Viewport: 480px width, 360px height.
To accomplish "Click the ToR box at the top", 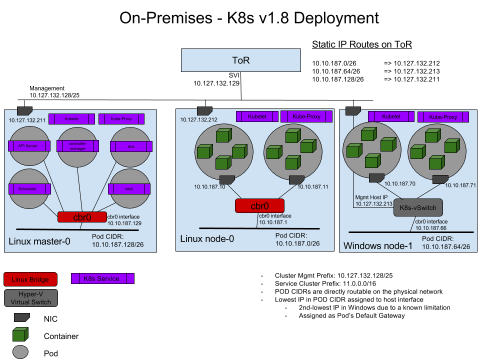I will pos(240,60).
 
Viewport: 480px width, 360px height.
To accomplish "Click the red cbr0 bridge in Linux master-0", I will pos(81,217).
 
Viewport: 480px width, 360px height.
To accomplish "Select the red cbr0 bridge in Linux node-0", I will pos(259,205).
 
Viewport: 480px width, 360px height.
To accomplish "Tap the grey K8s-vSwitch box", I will pos(418,207).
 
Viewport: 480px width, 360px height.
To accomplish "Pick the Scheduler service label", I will pos(29,188).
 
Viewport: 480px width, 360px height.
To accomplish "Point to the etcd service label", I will pos(129,188).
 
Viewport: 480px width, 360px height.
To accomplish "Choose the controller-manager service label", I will pos(78,145).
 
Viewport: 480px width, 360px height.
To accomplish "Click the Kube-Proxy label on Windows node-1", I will pos(443,117).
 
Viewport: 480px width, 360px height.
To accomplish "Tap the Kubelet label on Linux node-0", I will pos(257,116).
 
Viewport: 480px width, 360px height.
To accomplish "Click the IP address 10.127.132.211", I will pos(27,120).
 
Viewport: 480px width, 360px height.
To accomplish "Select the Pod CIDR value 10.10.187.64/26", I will pos(446,247).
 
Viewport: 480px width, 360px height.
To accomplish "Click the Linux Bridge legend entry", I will pos(30,279).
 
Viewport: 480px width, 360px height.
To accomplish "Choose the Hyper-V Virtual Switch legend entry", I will pos(31,298).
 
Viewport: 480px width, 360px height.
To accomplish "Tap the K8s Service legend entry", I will pos(102,278).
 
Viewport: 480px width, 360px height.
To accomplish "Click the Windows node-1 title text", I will pos(378,246).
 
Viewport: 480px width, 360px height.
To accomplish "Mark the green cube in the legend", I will pos(20,334).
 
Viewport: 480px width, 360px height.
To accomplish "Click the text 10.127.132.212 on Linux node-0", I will pos(199,120).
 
